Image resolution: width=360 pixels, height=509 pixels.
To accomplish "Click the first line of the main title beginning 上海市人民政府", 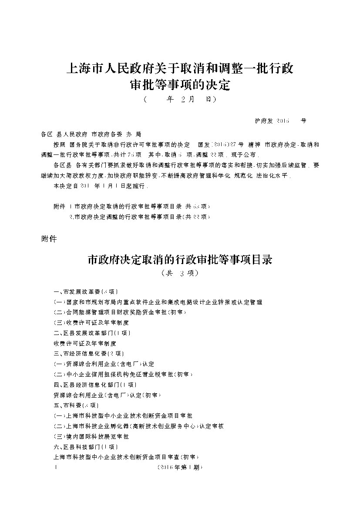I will click(x=179, y=69).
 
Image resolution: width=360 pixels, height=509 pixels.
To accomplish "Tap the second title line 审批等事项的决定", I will click(x=179, y=84).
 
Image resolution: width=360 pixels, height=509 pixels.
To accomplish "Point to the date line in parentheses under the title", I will click(x=179, y=100).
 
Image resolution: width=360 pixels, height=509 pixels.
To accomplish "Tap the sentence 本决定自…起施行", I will click(x=100, y=186).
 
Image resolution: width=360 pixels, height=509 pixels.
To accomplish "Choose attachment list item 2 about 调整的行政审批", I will click(x=140, y=216).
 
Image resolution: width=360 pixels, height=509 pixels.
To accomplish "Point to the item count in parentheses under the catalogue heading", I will click(x=179, y=273).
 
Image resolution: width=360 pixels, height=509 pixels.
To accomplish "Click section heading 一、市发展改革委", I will click(x=85, y=291).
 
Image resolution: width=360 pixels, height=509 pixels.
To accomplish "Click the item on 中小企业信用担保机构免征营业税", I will click(x=123, y=374).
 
